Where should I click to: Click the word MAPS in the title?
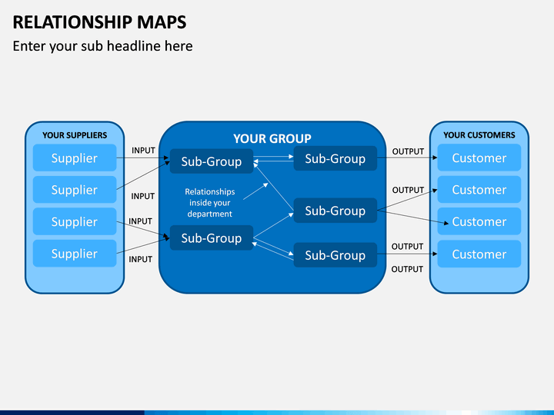(x=162, y=22)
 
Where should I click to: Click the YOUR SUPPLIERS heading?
(x=75, y=135)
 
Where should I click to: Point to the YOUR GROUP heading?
(x=272, y=138)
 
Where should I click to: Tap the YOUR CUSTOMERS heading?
(x=479, y=135)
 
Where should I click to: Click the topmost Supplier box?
(x=75, y=158)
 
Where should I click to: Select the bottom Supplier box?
(x=75, y=254)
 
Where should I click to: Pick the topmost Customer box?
(x=479, y=158)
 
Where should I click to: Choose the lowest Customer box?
(x=479, y=254)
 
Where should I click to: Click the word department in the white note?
(x=209, y=214)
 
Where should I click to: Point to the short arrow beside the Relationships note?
(x=255, y=191)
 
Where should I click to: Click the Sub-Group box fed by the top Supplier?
(x=212, y=161)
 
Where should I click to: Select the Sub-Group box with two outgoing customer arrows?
(x=335, y=211)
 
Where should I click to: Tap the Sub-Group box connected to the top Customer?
(x=335, y=158)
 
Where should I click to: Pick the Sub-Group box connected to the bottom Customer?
(x=335, y=255)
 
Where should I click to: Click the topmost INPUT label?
(x=143, y=151)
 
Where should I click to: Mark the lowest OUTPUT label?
(x=407, y=269)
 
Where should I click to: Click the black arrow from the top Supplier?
(x=143, y=158)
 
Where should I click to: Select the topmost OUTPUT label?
(x=408, y=151)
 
